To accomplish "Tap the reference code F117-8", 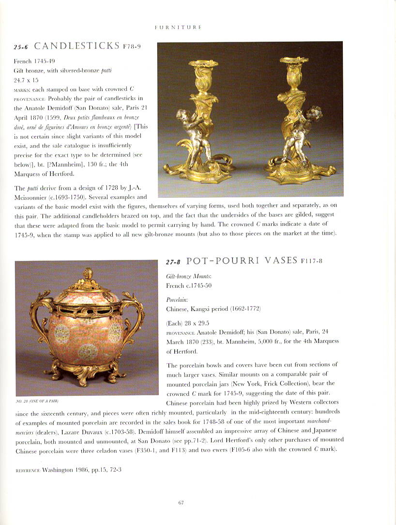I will [x=309, y=261].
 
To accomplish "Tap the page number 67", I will [x=181, y=503].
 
